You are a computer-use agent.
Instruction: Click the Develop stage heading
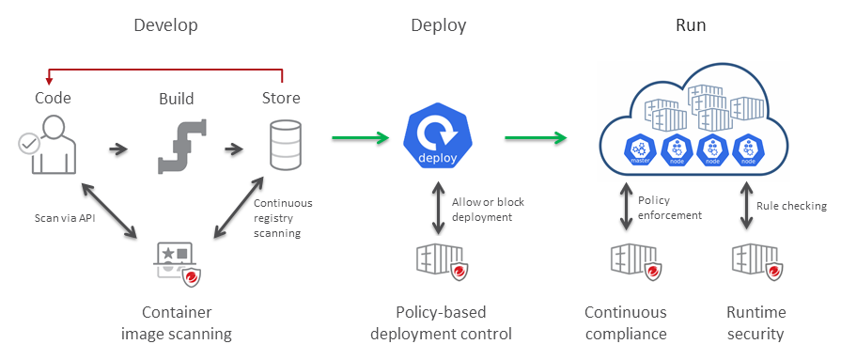165,25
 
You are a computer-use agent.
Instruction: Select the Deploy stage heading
438,25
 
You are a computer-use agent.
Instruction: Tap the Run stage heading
691,25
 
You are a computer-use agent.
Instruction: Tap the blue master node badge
642,149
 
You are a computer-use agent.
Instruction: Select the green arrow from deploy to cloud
536,139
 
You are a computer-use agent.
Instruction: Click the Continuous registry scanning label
283,217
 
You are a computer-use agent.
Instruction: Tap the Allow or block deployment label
489,211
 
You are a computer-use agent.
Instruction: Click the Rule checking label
791,206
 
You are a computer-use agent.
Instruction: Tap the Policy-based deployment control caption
441,322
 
